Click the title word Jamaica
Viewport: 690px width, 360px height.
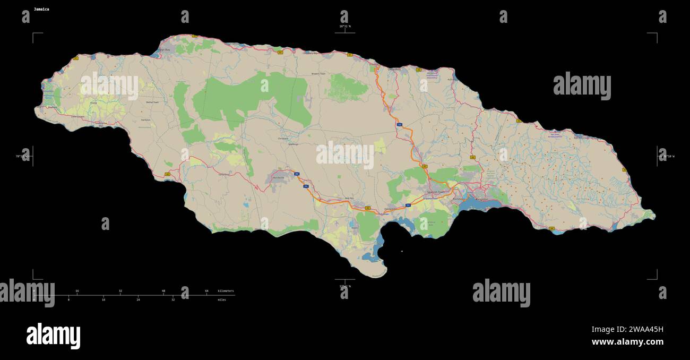41,9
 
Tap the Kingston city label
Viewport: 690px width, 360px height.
481,199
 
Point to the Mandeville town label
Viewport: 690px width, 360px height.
279,177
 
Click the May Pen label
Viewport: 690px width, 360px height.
349,199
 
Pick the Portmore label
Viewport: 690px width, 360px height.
458,199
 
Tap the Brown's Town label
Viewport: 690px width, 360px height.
318,74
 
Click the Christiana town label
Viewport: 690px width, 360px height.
283,139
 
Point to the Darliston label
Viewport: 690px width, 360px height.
145,120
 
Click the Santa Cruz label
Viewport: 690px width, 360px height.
224,174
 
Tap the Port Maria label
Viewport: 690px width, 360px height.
452,80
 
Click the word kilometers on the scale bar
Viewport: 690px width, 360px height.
226,291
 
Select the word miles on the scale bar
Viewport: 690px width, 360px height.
222,299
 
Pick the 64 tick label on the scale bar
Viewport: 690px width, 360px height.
206,291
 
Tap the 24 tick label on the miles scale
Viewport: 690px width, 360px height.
138,299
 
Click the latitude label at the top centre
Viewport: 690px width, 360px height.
345,26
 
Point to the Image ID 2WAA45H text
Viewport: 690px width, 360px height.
627,329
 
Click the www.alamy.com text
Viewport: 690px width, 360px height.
627,342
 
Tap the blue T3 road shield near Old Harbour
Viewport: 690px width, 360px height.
408,205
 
